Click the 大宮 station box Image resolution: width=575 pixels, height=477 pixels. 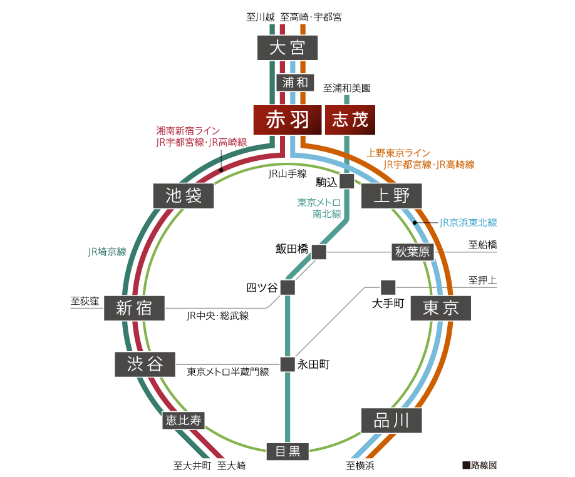click(x=287, y=48)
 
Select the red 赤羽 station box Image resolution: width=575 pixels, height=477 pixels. click(x=287, y=120)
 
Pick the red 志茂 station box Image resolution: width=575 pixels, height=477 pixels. click(x=350, y=120)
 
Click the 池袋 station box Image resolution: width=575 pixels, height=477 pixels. click(x=184, y=196)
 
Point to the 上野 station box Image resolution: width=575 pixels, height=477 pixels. click(x=391, y=196)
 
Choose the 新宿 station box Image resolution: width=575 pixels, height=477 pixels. click(x=135, y=307)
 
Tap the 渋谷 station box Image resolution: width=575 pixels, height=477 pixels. click(x=145, y=364)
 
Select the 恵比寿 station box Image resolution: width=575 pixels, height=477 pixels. click(x=184, y=420)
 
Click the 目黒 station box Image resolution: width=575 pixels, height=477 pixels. click(x=287, y=451)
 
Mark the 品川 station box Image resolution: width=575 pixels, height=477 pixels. click(x=391, y=420)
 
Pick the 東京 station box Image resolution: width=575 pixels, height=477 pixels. click(x=440, y=308)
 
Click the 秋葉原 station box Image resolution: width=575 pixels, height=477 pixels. click(x=412, y=252)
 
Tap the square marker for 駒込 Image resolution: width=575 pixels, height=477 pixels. click(x=346, y=181)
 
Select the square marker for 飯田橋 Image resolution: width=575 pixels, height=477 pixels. click(x=319, y=252)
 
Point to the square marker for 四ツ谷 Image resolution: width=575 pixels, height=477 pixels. click(x=287, y=287)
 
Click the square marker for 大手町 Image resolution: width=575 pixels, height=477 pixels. click(x=388, y=287)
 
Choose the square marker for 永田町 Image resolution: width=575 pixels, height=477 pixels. click(x=287, y=364)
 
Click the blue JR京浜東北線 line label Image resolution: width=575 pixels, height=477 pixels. click(x=468, y=222)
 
